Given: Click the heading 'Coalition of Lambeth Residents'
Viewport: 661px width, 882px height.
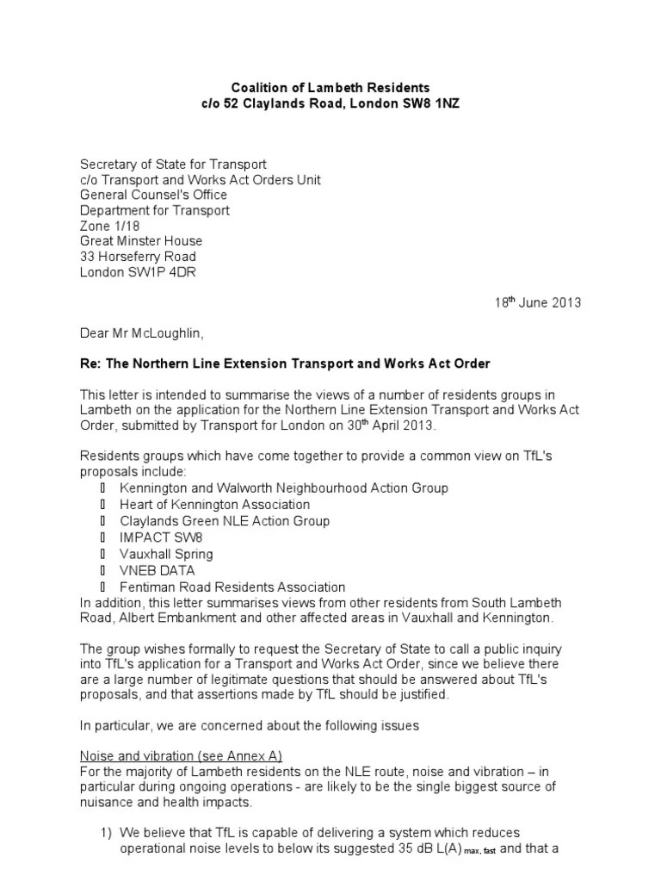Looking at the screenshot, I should click(330, 88).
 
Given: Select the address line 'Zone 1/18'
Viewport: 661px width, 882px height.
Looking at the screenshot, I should click(108, 227).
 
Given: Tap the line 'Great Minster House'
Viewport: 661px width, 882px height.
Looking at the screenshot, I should click(141, 242).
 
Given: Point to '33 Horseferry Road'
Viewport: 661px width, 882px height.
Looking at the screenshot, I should click(138, 258).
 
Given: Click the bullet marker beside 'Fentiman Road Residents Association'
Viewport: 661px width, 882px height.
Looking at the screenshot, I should click(103, 587).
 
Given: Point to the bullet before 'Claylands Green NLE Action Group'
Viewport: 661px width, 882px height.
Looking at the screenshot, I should click(103, 521).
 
